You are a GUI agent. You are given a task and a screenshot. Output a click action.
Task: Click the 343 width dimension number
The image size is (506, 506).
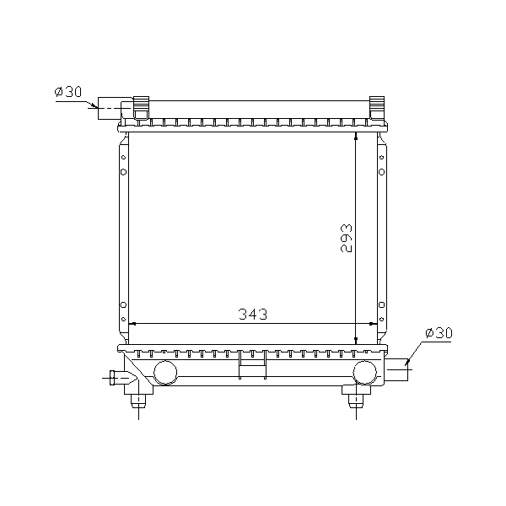pyautogui.click(x=253, y=314)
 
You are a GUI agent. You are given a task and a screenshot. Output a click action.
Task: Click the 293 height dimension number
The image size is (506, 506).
pyautogui.click(x=347, y=238)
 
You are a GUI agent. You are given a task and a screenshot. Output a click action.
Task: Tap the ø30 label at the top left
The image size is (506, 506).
pyautogui.click(x=68, y=92)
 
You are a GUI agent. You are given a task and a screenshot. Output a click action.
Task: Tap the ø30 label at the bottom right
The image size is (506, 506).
pyautogui.click(x=439, y=333)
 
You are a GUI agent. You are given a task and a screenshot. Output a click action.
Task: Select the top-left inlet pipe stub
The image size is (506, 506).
pyautogui.click(x=110, y=108)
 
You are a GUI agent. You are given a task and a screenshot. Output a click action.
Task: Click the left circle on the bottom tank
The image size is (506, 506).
pyautogui.click(x=165, y=373)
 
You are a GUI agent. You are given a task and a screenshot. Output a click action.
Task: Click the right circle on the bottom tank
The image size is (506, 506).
pyautogui.click(x=364, y=373)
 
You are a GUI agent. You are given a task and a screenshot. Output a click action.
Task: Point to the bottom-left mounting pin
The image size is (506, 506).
pyautogui.click(x=138, y=401)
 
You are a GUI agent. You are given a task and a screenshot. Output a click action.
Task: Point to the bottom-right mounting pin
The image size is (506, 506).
pyautogui.click(x=356, y=401)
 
